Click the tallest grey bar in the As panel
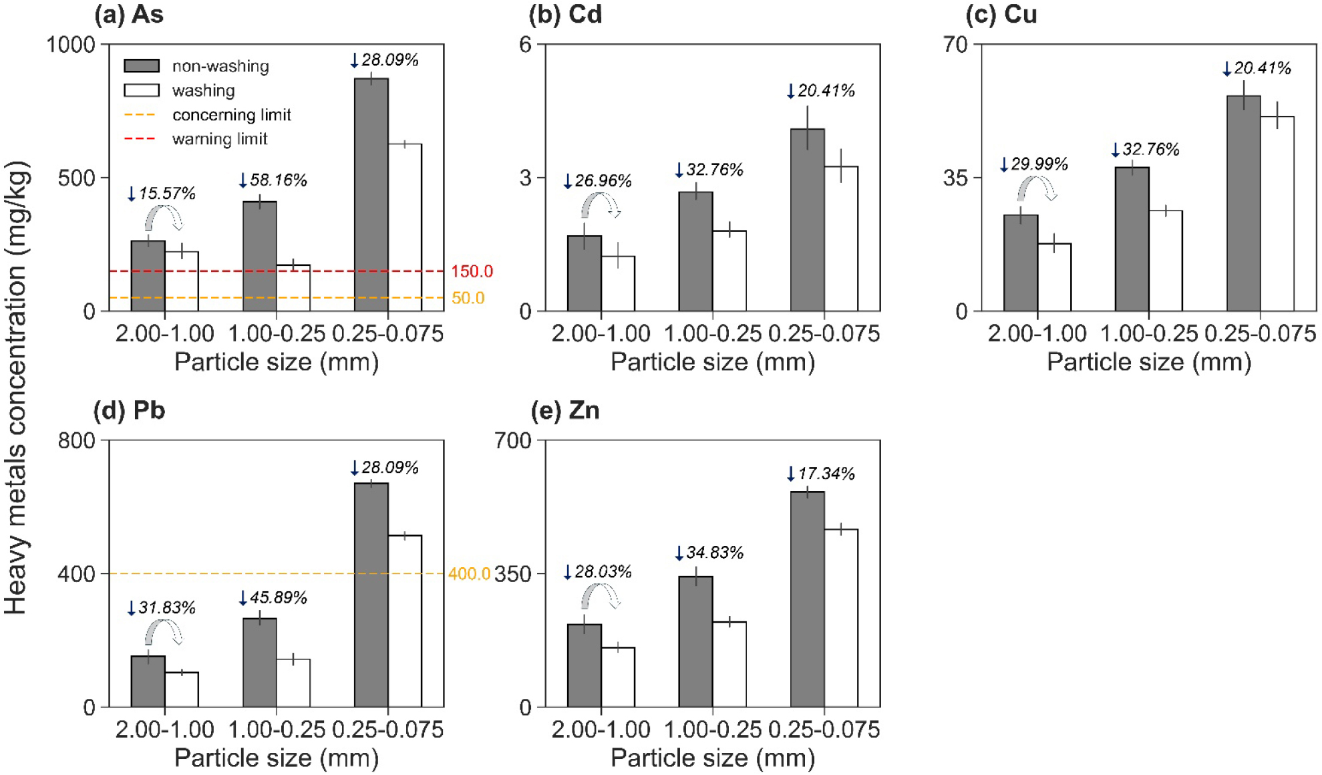click(371, 194)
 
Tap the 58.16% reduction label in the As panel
click(273, 180)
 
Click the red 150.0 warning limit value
click(472, 271)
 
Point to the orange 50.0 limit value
click(468, 298)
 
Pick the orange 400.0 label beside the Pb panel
click(469, 574)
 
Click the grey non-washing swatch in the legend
click(142, 65)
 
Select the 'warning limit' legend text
click(220, 139)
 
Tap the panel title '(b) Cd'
click(565, 14)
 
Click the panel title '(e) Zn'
click(565, 410)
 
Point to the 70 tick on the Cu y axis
click(956, 45)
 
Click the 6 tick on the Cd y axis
click(526, 45)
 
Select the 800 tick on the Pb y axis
click(77, 441)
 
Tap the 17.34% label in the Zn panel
click(821, 474)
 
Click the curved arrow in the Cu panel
click(1036, 188)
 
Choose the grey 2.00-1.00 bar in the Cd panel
click(585, 273)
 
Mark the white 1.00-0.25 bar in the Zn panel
click(729, 664)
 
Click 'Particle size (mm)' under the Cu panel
click(1149, 362)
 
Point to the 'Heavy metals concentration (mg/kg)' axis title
click(16, 387)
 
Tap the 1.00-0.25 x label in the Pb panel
click(277, 729)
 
